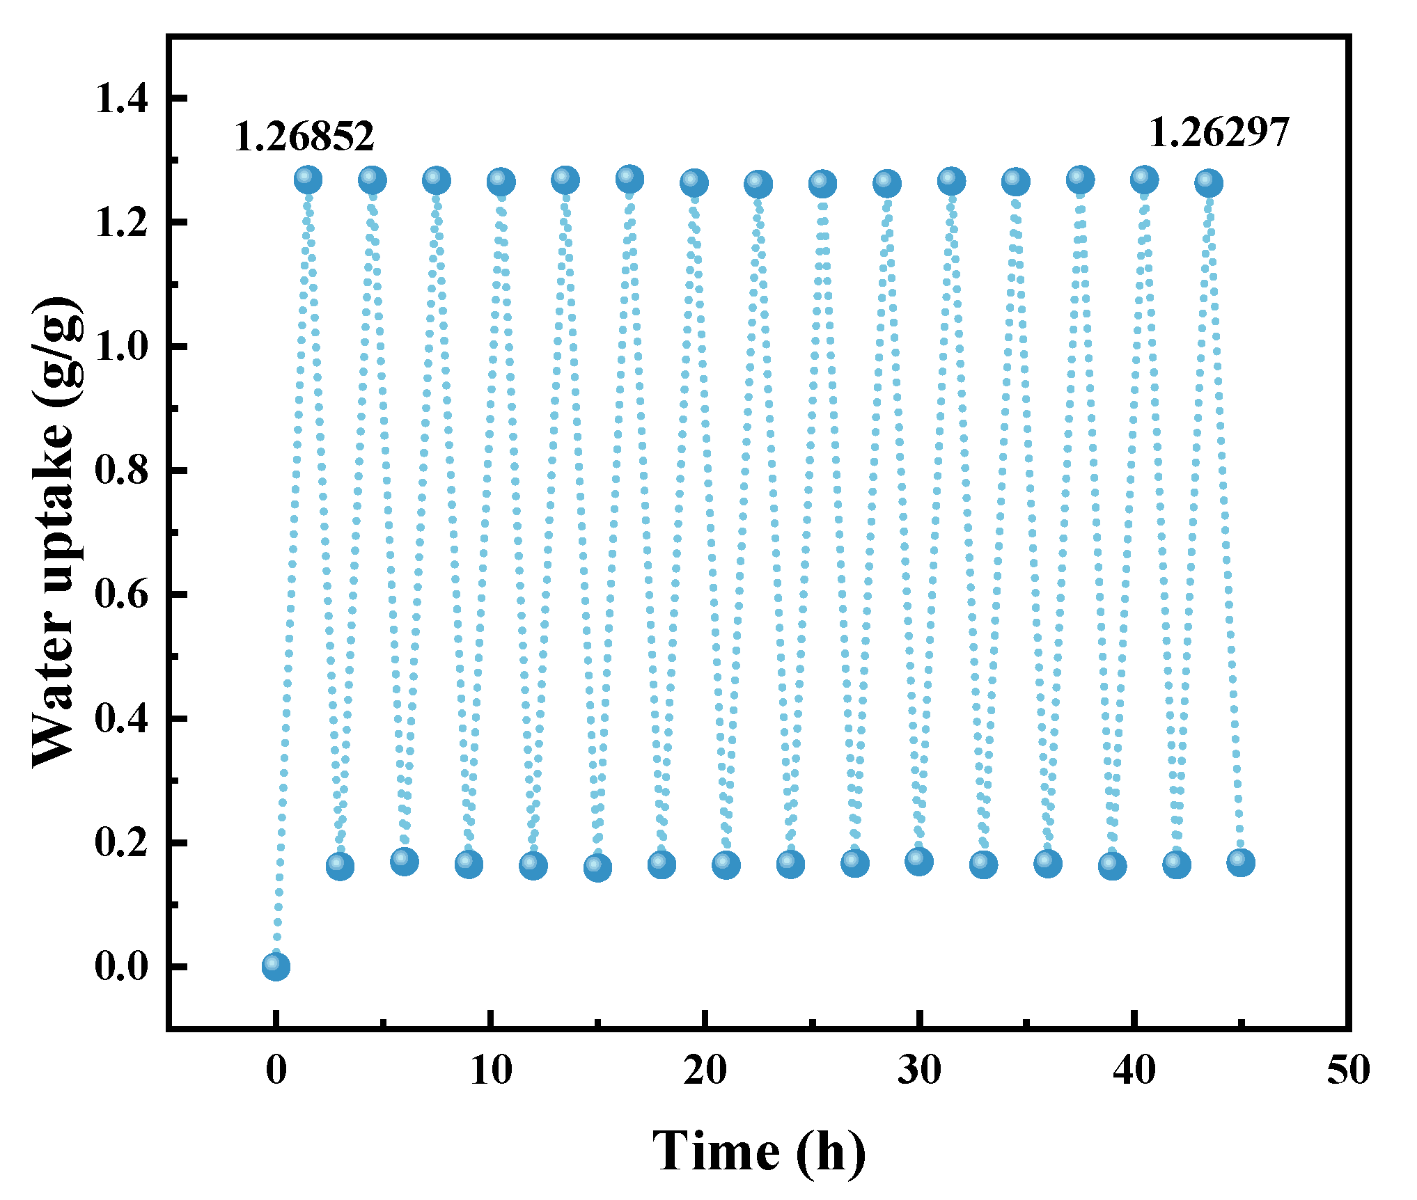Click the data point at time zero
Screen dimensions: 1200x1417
pyautogui.click(x=276, y=966)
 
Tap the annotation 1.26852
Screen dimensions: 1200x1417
pyautogui.click(x=304, y=136)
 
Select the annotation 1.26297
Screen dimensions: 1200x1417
pyautogui.click(x=1219, y=132)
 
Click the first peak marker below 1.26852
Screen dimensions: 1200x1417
pyautogui.click(x=308, y=180)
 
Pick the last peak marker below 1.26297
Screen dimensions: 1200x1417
pyautogui.click(x=1208, y=183)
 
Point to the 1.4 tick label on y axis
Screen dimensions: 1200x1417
pyautogui.click(x=121, y=98)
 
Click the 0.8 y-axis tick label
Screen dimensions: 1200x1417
pyautogui.click(x=121, y=471)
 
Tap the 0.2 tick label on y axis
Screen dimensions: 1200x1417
pyautogui.click(x=121, y=842)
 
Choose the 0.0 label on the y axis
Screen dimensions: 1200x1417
pyautogui.click(x=121, y=966)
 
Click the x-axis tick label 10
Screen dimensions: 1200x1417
pyautogui.click(x=491, y=1071)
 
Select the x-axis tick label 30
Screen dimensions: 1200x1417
pyautogui.click(x=920, y=1071)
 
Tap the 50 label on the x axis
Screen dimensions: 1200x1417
pyautogui.click(x=1349, y=1071)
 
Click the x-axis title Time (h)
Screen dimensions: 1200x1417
pyautogui.click(x=759, y=1152)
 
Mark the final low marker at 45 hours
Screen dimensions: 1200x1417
pyautogui.click(x=1241, y=862)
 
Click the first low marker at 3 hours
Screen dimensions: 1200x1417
pyautogui.click(x=340, y=866)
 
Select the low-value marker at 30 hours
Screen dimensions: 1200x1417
pyautogui.click(x=919, y=861)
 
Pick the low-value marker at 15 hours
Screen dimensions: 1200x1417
pyautogui.click(x=597, y=867)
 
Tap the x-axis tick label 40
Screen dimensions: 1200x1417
pyautogui.click(x=1134, y=1071)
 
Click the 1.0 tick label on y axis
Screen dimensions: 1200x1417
pyautogui.click(x=121, y=347)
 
